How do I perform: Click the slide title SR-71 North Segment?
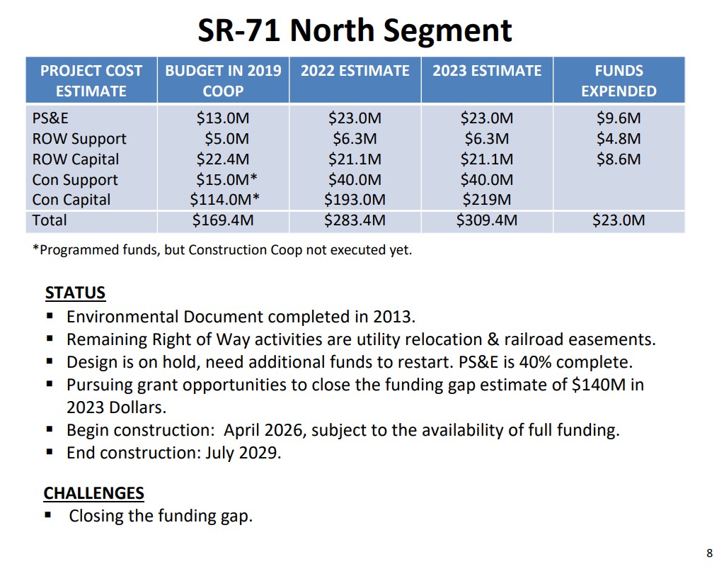pyautogui.click(x=355, y=30)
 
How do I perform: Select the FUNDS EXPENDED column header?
pyautogui.click(x=619, y=81)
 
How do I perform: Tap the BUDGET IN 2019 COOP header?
pyautogui.click(x=223, y=81)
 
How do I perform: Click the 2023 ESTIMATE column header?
pyautogui.click(x=487, y=71)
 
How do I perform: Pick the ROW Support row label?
pyautogui.click(x=79, y=139)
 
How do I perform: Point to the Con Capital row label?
pyautogui.click(x=71, y=200)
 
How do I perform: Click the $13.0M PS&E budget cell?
pyautogui.click(x=223, y=118)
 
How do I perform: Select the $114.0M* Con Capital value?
pyautogui.click(x=223, y=200)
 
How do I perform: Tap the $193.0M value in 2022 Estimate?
pyautogui.click(x=355, y=200)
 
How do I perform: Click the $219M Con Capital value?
pyautogui.click(x=487, y=200)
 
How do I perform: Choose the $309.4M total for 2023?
pyautogui.click(x=487, y=220)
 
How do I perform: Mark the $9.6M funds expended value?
pyautogui.click(x=619, y=118)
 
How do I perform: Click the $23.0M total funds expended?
pyautogui.click(x=619, y=220)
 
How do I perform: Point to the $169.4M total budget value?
pyautogui.click(x=223, y=220)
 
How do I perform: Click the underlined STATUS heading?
pyautogui.click(x=75, y=293)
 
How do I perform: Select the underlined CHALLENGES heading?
pyautogui.click(x=94, y=493)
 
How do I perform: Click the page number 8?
pyautogui.click(x=709, y=553)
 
